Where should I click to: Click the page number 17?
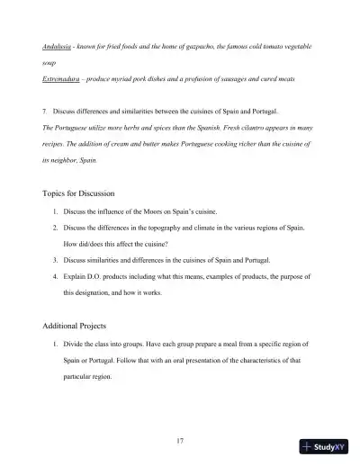(180, 415)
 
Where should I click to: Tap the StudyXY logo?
(325, 445)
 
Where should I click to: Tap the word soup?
(50, 63)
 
